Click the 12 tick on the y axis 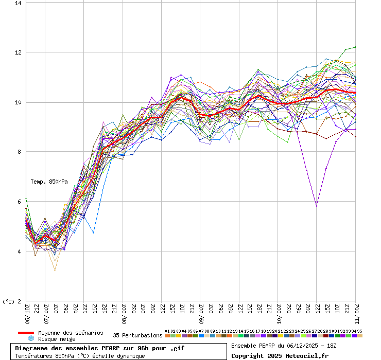(18, 52)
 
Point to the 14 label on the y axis (18, 3)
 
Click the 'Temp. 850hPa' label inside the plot (49, 182)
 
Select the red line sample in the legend (26, 333)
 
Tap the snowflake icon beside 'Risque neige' (30, 339)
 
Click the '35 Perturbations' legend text (137, 335)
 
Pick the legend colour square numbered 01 (167, 336)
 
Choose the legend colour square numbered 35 (360, 336)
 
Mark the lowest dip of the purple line (316, 206)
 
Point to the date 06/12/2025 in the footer (297, 346)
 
